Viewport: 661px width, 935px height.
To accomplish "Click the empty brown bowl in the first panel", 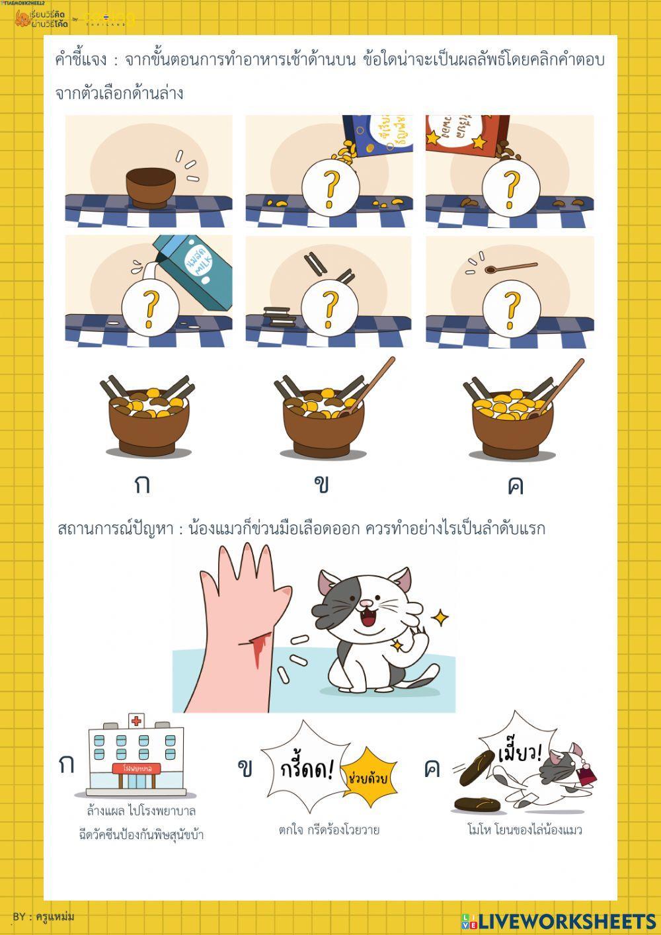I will [x=151, y=187].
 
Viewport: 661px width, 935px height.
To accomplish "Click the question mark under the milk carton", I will [x=150, y=308].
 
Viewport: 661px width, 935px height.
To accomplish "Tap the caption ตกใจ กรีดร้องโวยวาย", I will [x=329, y=830].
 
